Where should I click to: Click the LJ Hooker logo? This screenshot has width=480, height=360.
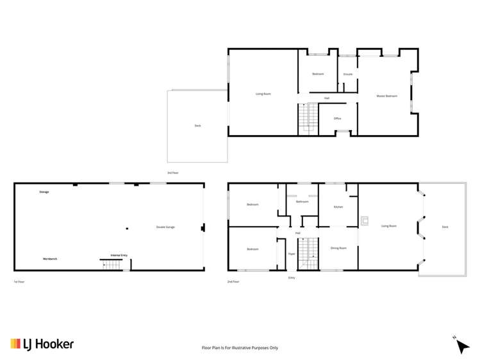[42, 344]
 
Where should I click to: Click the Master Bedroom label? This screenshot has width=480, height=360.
[386, 96]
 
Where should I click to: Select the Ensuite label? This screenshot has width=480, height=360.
[347, 74]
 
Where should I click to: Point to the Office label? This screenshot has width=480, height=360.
[337, 119]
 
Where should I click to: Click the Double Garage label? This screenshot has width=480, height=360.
[165, 227]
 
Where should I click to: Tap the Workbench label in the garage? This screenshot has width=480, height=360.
[50, 259]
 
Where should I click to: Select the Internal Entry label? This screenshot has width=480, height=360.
[119, 255]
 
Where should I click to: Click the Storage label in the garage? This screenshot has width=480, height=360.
[44, 192]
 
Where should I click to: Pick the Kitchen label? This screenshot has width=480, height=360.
[338, 207]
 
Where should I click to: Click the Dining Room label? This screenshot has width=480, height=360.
[338, 248]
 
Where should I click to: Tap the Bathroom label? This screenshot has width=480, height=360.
[302, 202]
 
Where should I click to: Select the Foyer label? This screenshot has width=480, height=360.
[291, 254]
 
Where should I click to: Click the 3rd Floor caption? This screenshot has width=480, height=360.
[172, 173]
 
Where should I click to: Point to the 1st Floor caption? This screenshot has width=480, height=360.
[19, 282]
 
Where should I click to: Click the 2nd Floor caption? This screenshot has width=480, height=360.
[233, 282]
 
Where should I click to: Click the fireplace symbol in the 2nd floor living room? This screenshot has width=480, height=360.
[365, 221]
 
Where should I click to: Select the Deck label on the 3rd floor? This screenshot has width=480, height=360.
[197, 126]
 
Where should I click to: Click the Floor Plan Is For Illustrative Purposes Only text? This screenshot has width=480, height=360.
[240, 348]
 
